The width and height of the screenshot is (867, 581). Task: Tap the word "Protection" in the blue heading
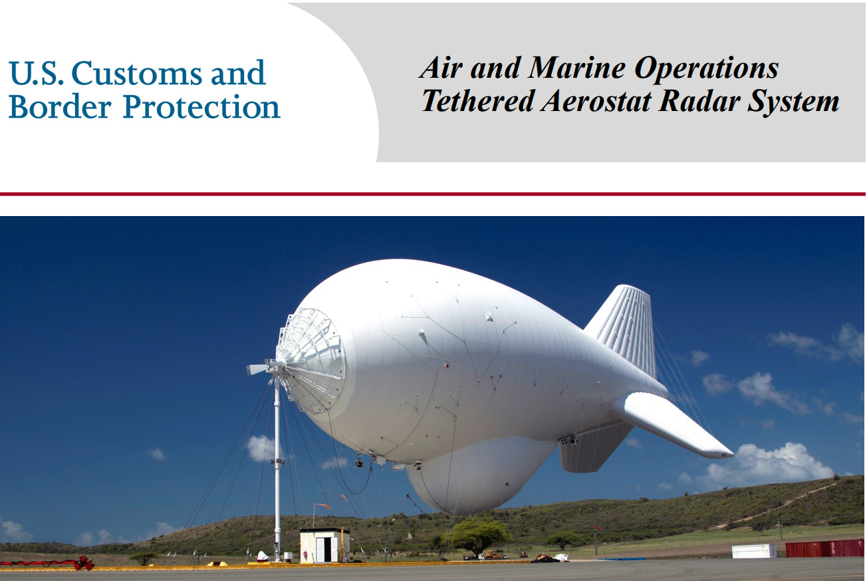pyautogui.click(x=201, y=106)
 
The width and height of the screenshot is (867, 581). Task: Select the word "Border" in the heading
pyautogui.click(x=60, y=106)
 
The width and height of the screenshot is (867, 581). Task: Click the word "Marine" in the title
pyautogui.click(x=577, y=68)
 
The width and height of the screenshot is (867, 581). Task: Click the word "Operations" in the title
pyautogui.click(x=706, y=69)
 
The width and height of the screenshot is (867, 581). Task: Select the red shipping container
pyautogui.click(x=825, y=548)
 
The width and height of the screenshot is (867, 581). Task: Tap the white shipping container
pyautogui.click(x=754, y=551)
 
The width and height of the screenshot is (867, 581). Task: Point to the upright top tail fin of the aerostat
pyautogui.click(x=624, y=329)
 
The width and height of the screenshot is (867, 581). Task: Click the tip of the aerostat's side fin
pyautogui.click(x=731, y=453)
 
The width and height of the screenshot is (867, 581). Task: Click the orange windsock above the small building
pyautogui.click(x=324, y=506)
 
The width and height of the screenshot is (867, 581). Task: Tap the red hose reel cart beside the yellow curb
pyautogui.click(x=82, y=563)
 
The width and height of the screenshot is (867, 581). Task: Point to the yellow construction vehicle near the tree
pyautogui.click(x=494, y=554)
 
